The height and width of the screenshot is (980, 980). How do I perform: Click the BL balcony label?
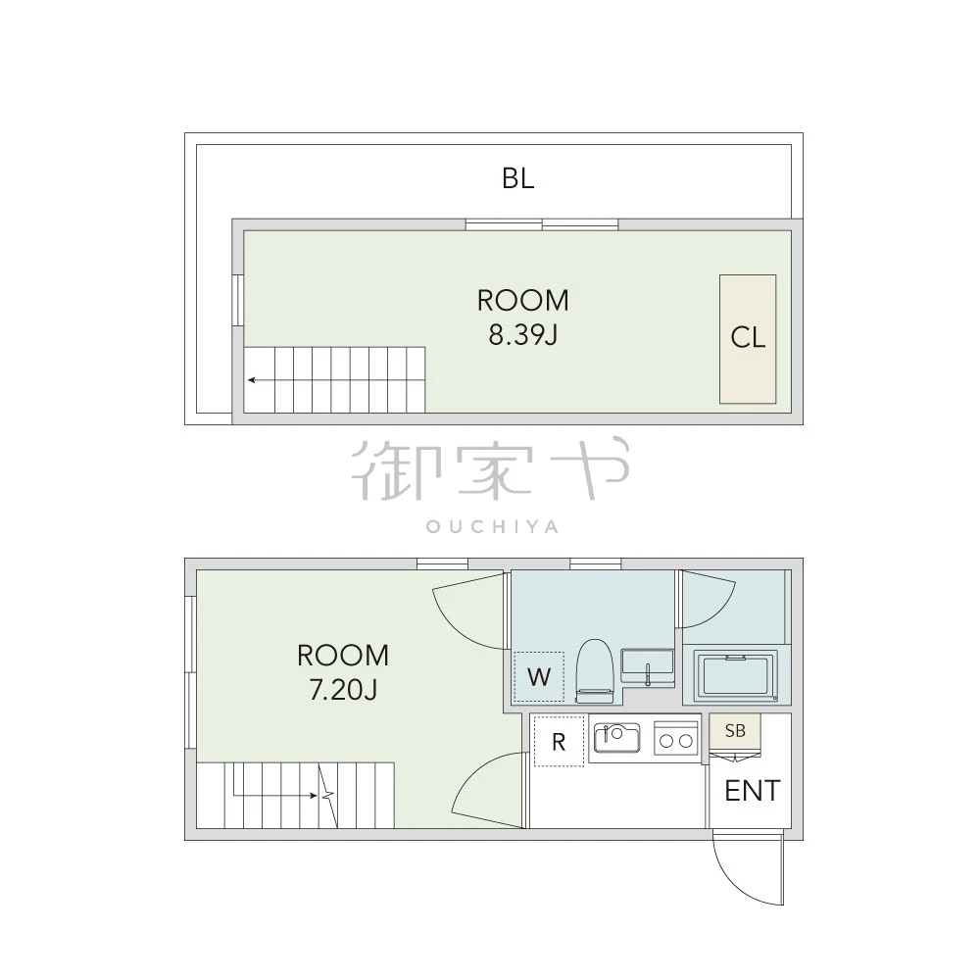pyautogui.click(x=518, y=178)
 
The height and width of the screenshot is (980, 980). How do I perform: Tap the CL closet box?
pyautogui.click(x=748, y=339)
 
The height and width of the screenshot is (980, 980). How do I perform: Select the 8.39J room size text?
pyautogui.click(x=522, y=335)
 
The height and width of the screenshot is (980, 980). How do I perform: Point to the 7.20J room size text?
pyautogui.click(x=343, y=691)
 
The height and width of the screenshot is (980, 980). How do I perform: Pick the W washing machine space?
pyautogui.click(x=539, y=677)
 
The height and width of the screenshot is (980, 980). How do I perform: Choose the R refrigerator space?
pyautogui.click(x=559, y=741)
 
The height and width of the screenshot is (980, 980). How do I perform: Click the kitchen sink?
pyautogui.click(x=616, y=739)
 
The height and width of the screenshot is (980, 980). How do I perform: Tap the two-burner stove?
pyautogui.click(x=676, y=738)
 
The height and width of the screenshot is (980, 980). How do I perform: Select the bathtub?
pyautogui.click(x=736, y=677)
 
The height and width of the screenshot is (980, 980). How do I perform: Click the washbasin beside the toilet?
pyautogui.click(x=648, y=666)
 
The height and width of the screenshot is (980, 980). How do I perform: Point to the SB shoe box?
pyautogui.click(x=735, y=731)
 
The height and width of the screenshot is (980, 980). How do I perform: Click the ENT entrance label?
pyautogui.click(x=753, y=791)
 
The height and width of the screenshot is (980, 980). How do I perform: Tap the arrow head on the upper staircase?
pyautogui.click(x=251, y=379)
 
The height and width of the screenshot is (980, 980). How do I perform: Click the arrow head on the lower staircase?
pyautogui.click(x=314, y=796)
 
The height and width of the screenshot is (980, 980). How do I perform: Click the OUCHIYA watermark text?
pyautogui.click(x=492, y=527)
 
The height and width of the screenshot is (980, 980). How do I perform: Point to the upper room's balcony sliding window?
pyautogui.click(x=542, y=224)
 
